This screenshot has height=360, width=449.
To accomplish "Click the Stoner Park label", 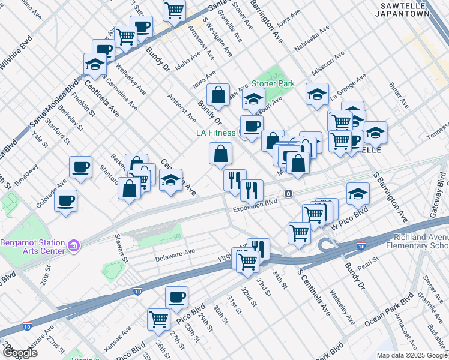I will [273, 83].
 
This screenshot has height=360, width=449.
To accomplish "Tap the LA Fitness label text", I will [218, 133].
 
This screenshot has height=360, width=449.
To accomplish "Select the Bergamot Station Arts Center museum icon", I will [74, 245].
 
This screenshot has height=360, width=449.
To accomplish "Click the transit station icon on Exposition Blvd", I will [289, 194].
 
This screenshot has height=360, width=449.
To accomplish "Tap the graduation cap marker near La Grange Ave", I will [317, 94].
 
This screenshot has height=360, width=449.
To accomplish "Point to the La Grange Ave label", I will [349, 85].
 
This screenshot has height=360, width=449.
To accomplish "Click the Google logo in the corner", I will [20, 353].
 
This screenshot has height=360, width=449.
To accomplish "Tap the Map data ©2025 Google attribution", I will [412, 355].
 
